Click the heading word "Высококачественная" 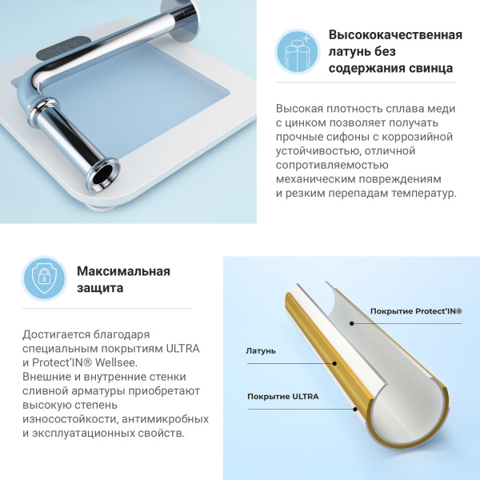(395, 35)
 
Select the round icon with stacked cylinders (297, 51)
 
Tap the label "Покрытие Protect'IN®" (415, 311)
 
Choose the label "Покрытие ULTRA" (282, 397)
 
